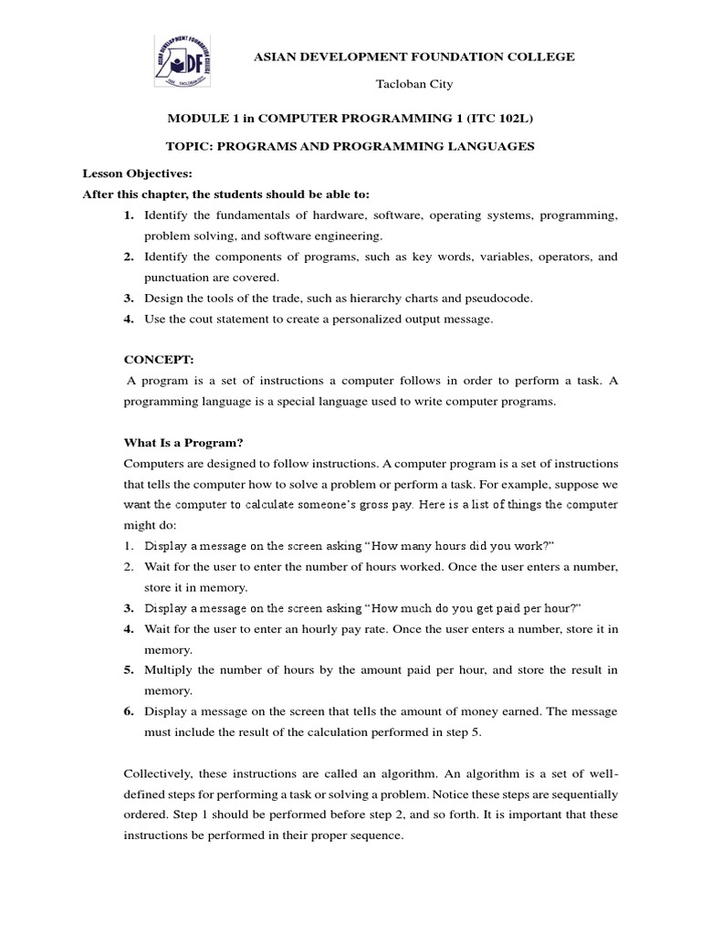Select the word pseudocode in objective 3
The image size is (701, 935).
[x=494, y=298]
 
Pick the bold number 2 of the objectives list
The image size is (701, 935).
[x=129, y=257]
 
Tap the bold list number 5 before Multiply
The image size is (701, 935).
[x=129, y=670]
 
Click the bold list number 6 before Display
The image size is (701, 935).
[x=129, y=711]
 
